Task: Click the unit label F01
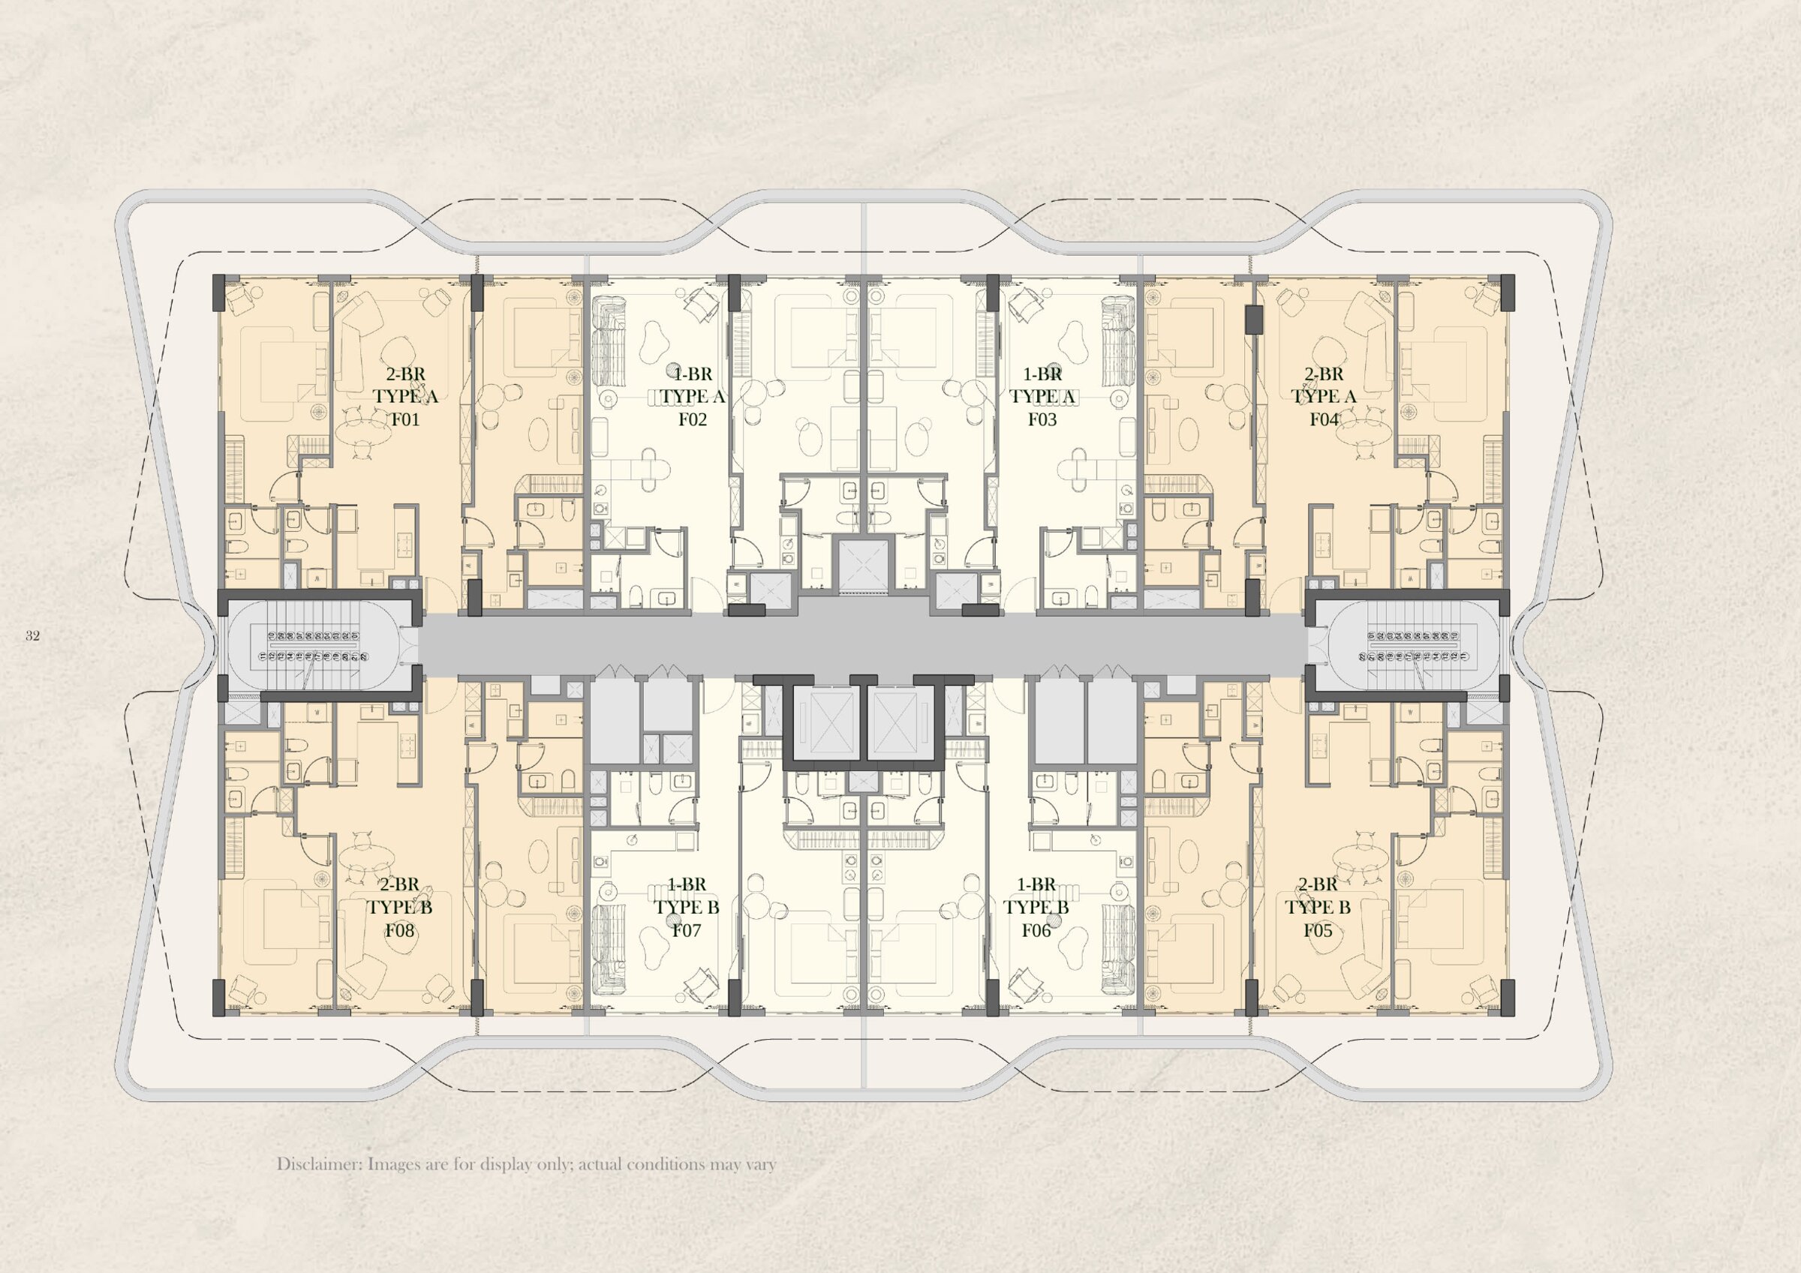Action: (405, 419)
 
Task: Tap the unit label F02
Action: (693, 419)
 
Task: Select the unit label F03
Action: (1042, 419)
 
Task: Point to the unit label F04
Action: (1323, 419)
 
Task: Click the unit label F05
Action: (1318, 931)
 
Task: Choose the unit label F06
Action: (1036, 931)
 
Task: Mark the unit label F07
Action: (687, 931)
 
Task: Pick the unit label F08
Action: (399, 931)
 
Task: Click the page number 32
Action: (32, 636)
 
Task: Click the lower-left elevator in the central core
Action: (823, 722)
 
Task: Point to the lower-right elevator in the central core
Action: (901, 722)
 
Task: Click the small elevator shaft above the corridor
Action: (863, 564)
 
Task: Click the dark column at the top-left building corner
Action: (220, 293)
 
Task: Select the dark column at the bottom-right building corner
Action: (1507, 997)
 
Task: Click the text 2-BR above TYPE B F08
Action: (399, 884)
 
